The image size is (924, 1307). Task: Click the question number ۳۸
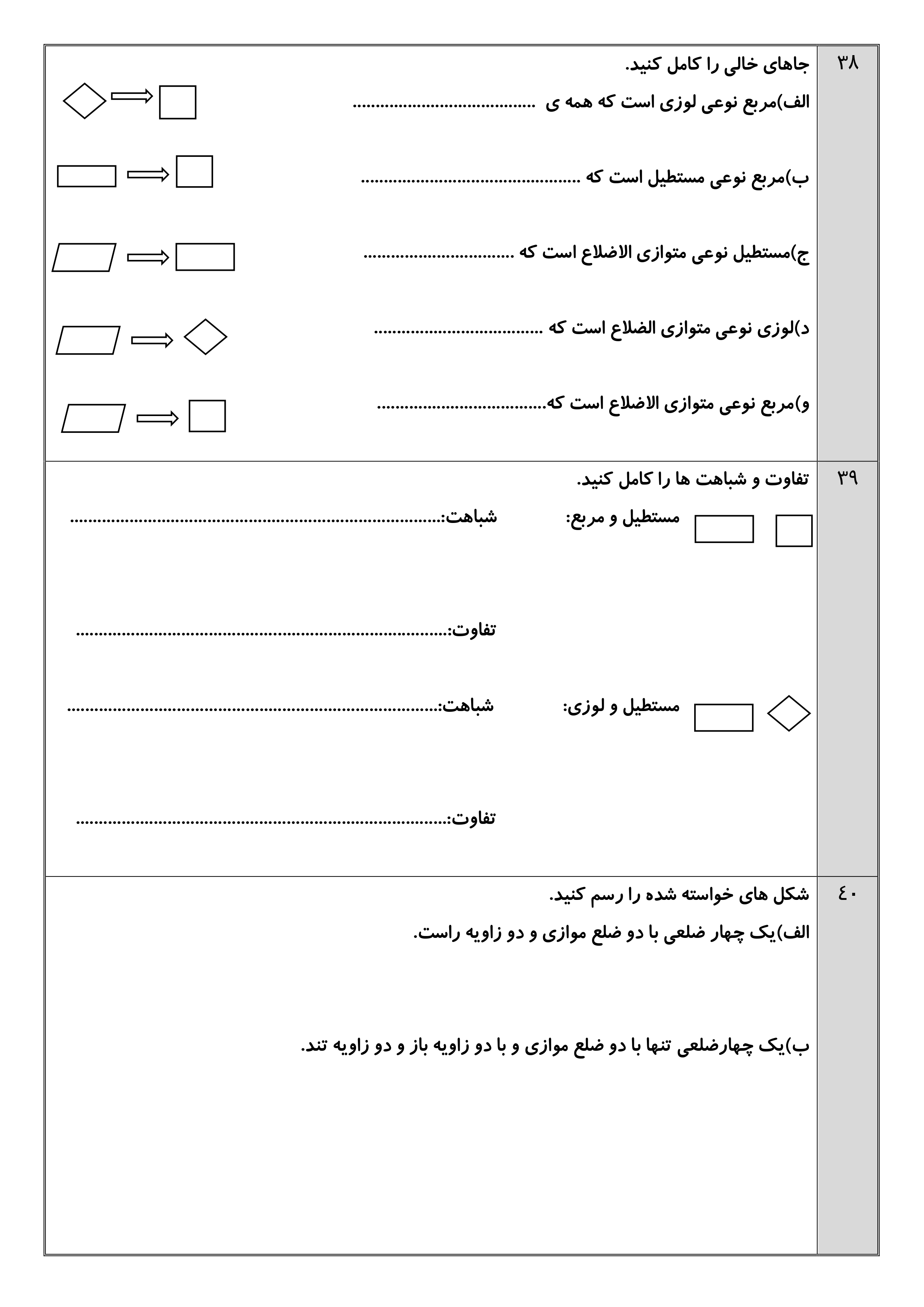pyautogui.click(x=847, y=63)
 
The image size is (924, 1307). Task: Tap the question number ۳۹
pyautogui.click(x=847, y=478)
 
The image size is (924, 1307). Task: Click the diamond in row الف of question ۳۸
pyautogui.click(x=84, y=101)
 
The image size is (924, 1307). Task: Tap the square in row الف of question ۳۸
pyautogui.click(x=178, y=102)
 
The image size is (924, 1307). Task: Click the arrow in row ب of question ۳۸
pyautogui.click(x=148, y=174)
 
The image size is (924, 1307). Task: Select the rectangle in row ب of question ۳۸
pyautogui.click(x=86, y=176)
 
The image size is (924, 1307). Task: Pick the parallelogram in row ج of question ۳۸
pyautogui.click(x=84, y=257)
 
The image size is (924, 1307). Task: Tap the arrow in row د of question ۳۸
pyautogui.click(x=152, y=340)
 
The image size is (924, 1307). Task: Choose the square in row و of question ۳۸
pyautogui.click(x=207, y=416)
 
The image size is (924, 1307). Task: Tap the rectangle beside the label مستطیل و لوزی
pyautogui.click(x=724, y=717)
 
